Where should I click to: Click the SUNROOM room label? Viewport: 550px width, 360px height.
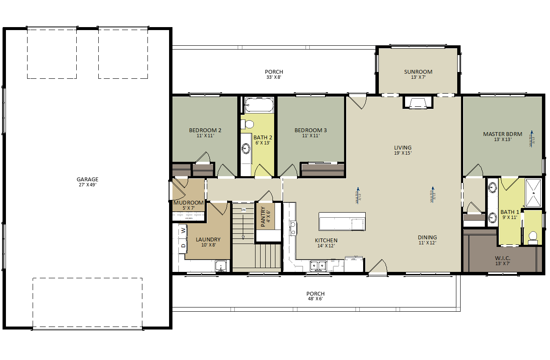point(418,72)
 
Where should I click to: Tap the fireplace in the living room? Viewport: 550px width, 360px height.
point(418,103)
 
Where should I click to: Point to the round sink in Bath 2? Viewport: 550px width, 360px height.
point(246,149)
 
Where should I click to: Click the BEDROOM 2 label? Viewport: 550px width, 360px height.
point(205,130)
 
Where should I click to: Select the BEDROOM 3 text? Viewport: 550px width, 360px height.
point(311,130)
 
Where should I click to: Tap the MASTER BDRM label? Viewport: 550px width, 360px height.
point(502,134)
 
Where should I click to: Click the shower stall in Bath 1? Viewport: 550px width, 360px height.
point(533,193)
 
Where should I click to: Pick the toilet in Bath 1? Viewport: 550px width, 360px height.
point(533,237)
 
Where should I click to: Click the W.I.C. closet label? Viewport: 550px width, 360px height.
point(503,258)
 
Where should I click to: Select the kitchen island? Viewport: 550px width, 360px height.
point(342,222)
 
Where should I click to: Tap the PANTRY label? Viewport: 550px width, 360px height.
point(263,216)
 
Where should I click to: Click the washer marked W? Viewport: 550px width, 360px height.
point(183,230)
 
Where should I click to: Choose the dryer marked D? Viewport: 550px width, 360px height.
point(183,246)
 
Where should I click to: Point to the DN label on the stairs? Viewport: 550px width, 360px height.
point(243,210)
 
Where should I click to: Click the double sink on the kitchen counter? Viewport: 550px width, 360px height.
point(318,266)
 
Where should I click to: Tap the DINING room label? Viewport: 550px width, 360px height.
point(427,238)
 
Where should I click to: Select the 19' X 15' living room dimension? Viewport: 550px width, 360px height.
point(403,153)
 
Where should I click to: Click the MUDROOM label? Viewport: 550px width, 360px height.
point(189,202)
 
